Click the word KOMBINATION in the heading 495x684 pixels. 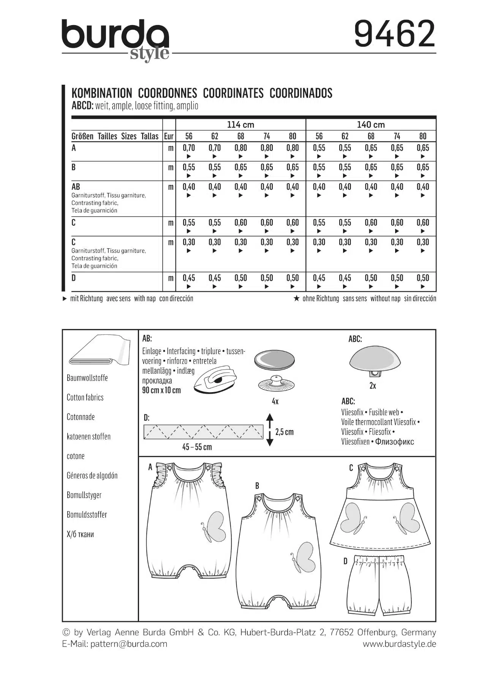tap(102, 93)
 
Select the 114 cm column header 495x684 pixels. tap(240, 125)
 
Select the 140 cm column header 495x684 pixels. tap(371, 125)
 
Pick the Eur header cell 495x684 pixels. tap(169, 136)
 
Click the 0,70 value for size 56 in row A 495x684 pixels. tap(189, 148)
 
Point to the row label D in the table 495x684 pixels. tap(74, 278)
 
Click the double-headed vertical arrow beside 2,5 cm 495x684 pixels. tap(269, 430)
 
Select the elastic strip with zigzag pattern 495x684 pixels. tap(203, 432)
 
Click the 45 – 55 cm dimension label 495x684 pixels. tap(197, 447)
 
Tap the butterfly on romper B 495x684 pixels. tap(304, 557)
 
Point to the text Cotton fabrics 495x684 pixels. tap(85, 397)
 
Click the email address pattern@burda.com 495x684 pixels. tap(129, 644)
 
